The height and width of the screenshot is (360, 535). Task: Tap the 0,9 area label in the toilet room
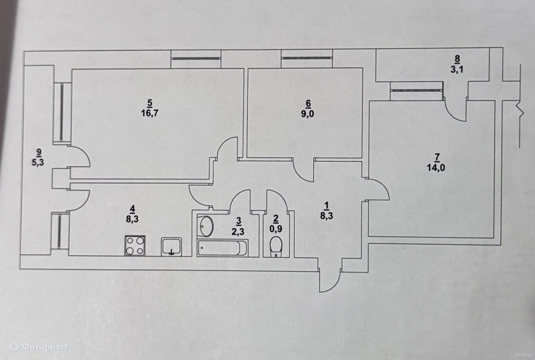click(276, 228)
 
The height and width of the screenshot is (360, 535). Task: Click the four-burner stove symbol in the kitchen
click(135, 245)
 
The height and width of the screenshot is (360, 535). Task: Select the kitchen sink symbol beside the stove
click(171, 247)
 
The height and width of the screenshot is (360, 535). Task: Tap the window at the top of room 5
click(196, 59)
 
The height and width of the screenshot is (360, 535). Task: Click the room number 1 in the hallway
click(327, 205)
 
